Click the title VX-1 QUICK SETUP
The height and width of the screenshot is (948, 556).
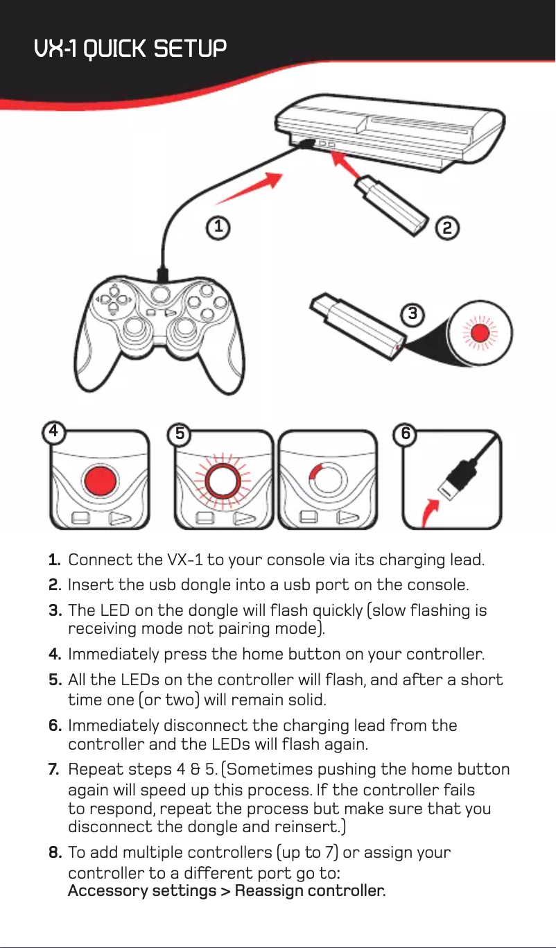tap(130, 49)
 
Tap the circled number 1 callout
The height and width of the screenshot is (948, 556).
tap(218, 227)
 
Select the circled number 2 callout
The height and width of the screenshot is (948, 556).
tap(447, 229)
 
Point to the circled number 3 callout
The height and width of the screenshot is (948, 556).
tap(412, 314)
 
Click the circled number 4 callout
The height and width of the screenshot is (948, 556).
tap(53, 432)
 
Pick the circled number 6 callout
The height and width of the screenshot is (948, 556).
tap(406, 434)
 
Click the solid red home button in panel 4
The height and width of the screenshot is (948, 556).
tap(101, 481)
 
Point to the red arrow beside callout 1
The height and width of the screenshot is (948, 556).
tap(250, 188)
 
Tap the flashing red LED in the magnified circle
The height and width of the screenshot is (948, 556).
tap(480, 333)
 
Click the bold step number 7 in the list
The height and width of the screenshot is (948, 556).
tap(53, 769)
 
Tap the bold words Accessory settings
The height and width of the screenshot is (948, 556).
tap(142, 890)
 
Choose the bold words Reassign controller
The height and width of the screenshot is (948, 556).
tap(310, 890)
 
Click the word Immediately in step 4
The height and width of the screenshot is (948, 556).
tap(114, 654)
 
